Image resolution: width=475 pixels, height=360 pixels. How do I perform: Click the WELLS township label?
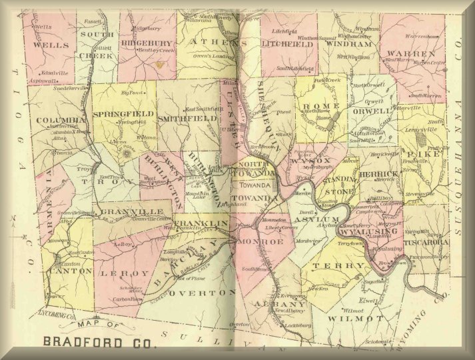(x=50, y=45)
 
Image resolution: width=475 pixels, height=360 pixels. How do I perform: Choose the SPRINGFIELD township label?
(x=123, y=114)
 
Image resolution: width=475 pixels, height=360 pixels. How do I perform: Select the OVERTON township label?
(x=203, y=293)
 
